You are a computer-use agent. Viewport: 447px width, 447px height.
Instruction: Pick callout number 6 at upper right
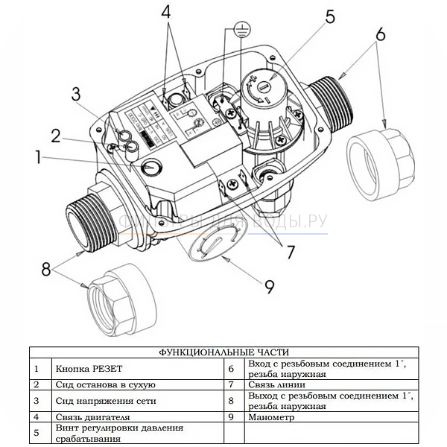coord(380,35)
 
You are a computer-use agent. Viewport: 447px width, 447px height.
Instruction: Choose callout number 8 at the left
coord(45,268)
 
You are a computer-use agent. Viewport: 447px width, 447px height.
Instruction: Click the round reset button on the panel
coord(151,168)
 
